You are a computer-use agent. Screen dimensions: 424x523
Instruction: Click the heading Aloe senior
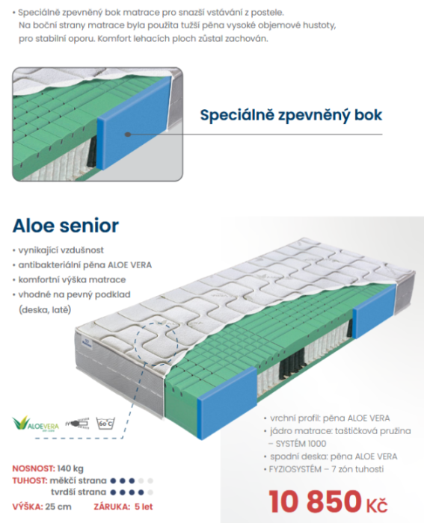point(66,226)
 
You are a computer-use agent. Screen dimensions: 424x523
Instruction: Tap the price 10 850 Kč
point(328,501)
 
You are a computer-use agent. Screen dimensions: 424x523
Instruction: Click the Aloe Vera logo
point(36,424)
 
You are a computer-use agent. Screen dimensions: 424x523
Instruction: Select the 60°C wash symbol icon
point(105,423)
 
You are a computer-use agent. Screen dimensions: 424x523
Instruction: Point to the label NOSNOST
point(34,468)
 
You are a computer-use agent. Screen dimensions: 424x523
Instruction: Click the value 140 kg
point(70,468)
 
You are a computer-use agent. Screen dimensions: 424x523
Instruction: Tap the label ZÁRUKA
point(112,507)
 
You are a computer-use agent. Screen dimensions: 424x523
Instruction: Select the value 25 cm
point(58,507)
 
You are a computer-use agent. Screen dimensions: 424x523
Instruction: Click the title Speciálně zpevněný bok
point(291,115)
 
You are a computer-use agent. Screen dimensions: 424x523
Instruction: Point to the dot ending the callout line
point(127,134)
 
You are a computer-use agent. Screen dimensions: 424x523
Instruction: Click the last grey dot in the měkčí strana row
point(150,481)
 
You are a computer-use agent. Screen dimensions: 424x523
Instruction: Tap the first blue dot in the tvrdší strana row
point(113,492)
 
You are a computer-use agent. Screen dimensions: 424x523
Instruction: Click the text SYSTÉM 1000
point(301,444)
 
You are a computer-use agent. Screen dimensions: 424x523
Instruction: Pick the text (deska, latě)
point(45,310)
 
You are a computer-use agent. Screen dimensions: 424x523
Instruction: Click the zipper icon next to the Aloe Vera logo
point(78,424)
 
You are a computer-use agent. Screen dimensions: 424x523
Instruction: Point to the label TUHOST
point(30,481)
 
